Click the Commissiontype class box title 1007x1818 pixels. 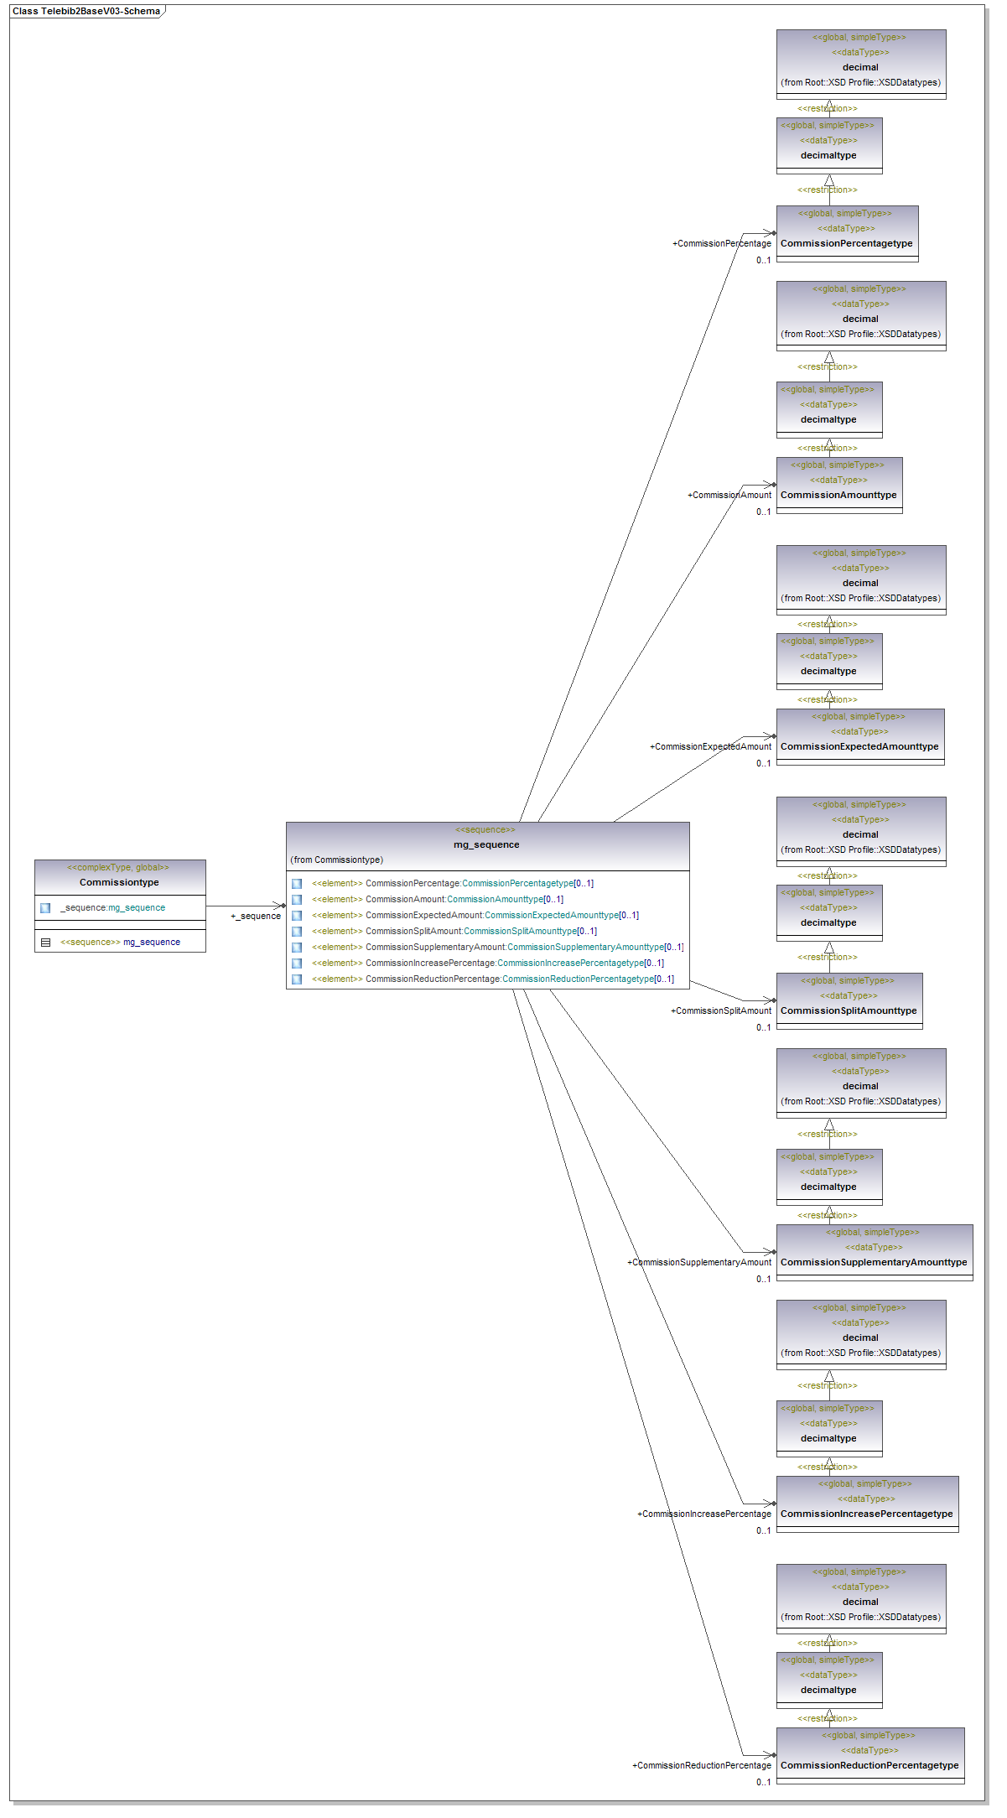click(119, 882)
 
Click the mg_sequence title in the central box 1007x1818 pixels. click(486, 844)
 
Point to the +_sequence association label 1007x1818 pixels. click(256, 916)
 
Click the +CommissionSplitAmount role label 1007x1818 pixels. click(721, 1010)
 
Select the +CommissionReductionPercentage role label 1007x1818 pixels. click(702, 1765)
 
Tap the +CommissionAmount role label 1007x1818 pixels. click(729, 495)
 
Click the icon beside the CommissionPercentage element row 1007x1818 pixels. click(297, 883)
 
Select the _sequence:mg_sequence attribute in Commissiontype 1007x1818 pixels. click(112, 907)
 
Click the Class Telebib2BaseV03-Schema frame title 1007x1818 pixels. click(86, 11)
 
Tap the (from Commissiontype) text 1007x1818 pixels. click(337, 860)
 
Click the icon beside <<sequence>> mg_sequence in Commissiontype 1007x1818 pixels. click(46, 942)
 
